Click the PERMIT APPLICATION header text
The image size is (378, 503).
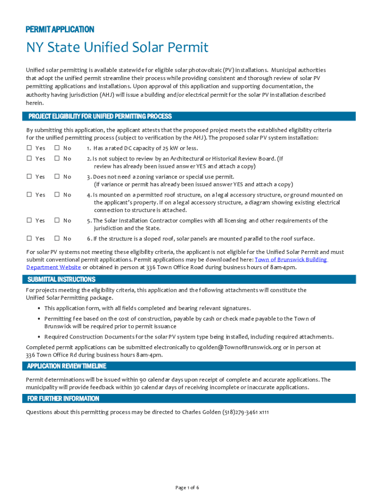point(60,29)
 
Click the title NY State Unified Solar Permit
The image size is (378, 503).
point(117,48)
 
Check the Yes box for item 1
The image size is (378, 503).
point(29,148)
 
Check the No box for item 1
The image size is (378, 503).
point(57,148)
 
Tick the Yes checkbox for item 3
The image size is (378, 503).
point(29,177)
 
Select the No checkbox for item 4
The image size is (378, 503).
point(57,195)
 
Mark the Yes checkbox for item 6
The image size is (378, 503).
point(29,239)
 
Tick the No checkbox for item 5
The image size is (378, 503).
point(57,221)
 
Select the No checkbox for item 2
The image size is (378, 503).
point(57,159)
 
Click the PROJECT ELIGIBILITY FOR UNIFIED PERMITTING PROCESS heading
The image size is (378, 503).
point(100,116)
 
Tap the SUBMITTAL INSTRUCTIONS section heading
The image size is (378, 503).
point(61,279)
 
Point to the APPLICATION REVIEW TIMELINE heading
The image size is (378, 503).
point(66,366)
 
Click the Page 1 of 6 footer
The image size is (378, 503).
point(187,488)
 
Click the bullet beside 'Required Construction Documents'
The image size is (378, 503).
point(39,337)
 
